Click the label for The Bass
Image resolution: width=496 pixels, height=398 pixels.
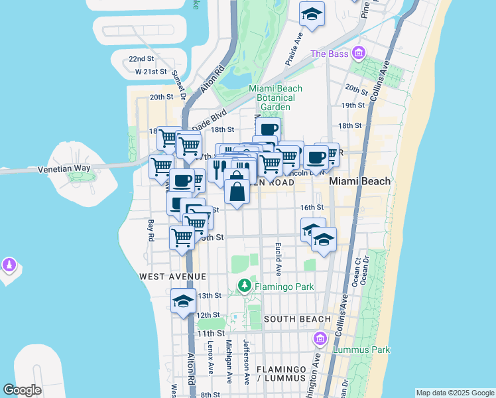[x=330, y=54]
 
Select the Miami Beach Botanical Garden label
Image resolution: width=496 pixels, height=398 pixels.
[x=275, y=98]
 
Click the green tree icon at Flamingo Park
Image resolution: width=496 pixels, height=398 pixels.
[x=245, y=286]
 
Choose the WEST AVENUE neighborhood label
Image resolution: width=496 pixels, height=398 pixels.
[x=172, y=275]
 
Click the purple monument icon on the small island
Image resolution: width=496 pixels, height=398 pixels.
[x=9, y=265]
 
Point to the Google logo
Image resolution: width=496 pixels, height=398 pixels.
[x=22, y=390]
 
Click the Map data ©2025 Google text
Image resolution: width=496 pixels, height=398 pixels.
[x=455, y=393]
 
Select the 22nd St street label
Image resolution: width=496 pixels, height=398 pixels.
[x=141, y=58]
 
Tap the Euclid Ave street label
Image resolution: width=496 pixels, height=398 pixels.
[x=279, y=259]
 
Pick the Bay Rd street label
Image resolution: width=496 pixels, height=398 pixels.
[x=151, y=230]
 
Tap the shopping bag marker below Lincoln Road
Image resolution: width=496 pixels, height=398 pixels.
[x=237, y=192]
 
